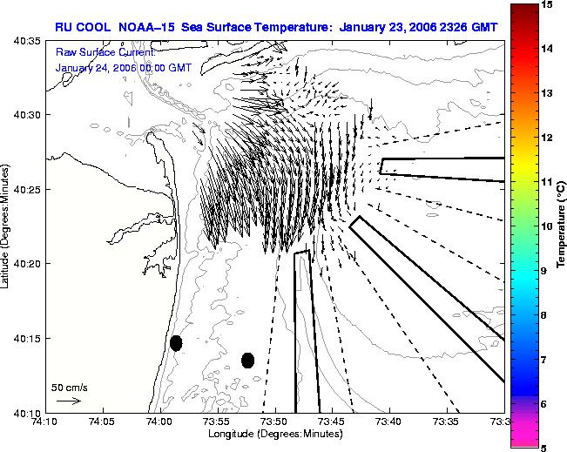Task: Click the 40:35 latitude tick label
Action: pyautogui.click(x=27, y=41)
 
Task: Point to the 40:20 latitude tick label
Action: pyautogui.click(x=27, y=264)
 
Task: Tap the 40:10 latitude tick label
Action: pyautogui.click(x=27, y=413)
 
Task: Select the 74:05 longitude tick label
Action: pyautogui.click(x=104, y=422)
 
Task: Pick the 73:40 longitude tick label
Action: pyautogui.click(x=390, y=422)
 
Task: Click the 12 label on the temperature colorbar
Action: pyautogui.click(x=547, y=138)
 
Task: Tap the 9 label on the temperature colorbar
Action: pyautogui.click(x=543, y=271)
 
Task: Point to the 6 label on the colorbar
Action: pyautogui.click(x=543, y=404)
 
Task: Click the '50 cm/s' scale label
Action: pyautogui.click(x=70, y=388)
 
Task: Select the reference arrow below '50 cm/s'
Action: pyautogui.click(x=69, y=401)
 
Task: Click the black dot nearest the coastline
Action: pyautogui.click(x=176, y=343)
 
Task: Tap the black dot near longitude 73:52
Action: pyautogui.click(x=247, y=361)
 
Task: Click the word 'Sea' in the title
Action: pyautogui.click(x=192, y=27)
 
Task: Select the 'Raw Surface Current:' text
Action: pyautogui.click(x=105, y=53)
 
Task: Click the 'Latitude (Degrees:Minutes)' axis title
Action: pyautogui.click(x=4, y=226)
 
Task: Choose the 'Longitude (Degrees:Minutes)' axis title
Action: pyautogui.click(x=275, y=434)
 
